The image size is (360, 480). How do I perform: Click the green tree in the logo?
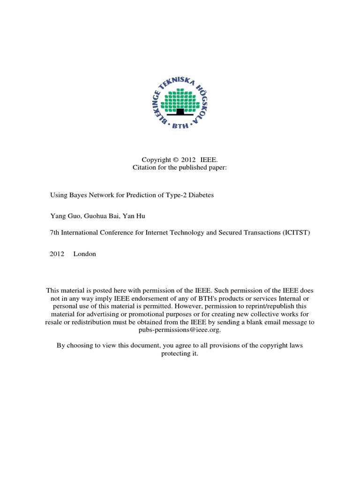pos(180,99)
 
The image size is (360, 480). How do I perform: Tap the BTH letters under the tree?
pos(180,126)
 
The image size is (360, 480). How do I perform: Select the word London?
pos(84,254)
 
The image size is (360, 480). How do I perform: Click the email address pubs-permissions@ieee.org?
pos(180,330)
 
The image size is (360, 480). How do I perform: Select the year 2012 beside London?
pos(57,254)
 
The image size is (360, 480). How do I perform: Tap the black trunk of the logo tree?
pos(180,112)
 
